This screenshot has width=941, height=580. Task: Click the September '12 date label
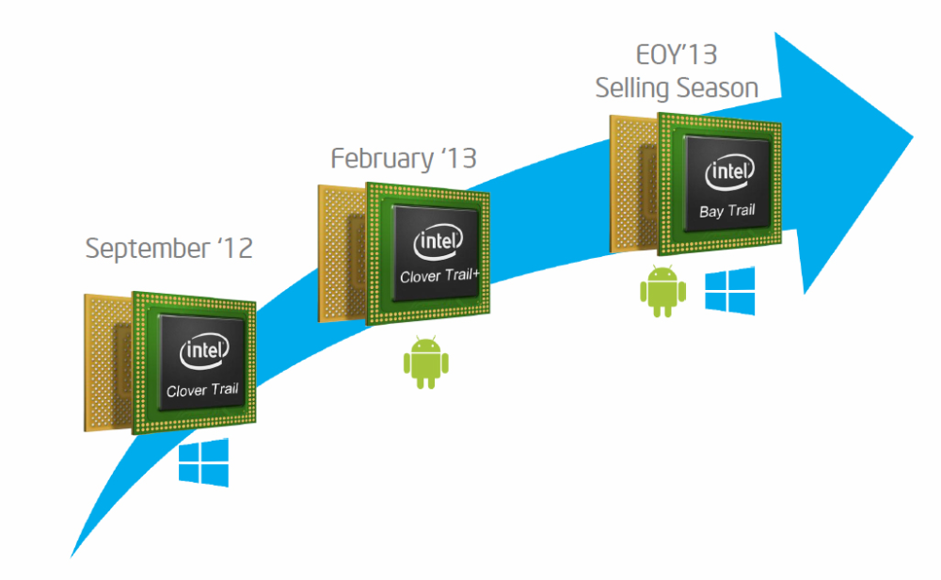pyautogui.click(x=169, y=250)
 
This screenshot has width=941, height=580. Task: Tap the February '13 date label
pyautogui.click(x=404, y=158)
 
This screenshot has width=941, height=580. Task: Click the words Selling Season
pyautogui.click(x=677, y=89)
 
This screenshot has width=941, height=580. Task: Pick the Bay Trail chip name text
pyautogui.click(x=727, y=212)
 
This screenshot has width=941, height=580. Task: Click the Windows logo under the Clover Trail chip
pyautogui.click(x=203, y=461)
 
